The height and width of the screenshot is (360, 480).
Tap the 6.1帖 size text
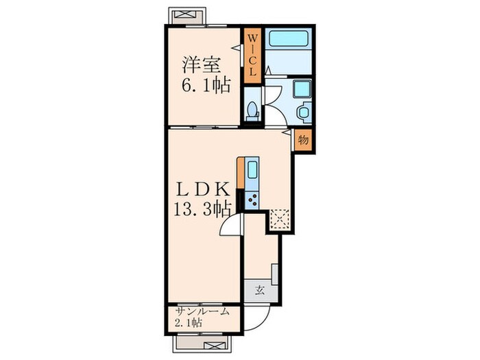coord(205,86)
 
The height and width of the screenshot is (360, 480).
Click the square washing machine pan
coord(302,90)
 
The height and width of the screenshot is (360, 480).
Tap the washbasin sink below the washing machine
coord(302,111)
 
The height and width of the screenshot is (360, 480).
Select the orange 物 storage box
coord(303,139)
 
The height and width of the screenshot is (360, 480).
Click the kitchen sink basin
coord(252,170)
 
